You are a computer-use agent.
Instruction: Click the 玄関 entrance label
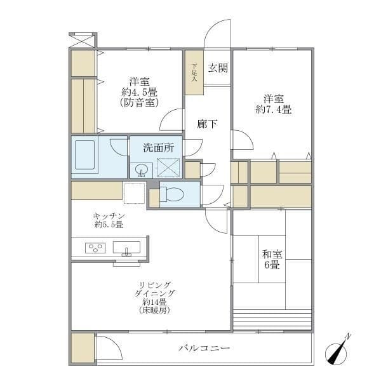[218, 68]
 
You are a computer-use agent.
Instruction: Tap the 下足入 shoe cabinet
[194, 72]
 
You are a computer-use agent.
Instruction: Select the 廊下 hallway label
[207, 124]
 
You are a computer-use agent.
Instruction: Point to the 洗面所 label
[158, 148]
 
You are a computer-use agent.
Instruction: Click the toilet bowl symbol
[172, 194]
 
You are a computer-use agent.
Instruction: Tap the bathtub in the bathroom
[84, 155]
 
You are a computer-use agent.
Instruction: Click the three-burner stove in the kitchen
[95, 248]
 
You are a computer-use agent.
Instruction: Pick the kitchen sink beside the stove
[126, 248]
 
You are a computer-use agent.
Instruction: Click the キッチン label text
[109, 216]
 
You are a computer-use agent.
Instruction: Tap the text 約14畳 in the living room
[154, 302]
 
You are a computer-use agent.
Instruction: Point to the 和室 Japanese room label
[272, 254]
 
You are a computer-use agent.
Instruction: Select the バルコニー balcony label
[204, 348]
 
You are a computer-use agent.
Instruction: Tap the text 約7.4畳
[273, 109]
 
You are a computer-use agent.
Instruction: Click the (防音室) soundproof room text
[140, 102]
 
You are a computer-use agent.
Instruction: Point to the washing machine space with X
[168, 167]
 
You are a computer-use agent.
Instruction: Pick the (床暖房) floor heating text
[154, 311]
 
